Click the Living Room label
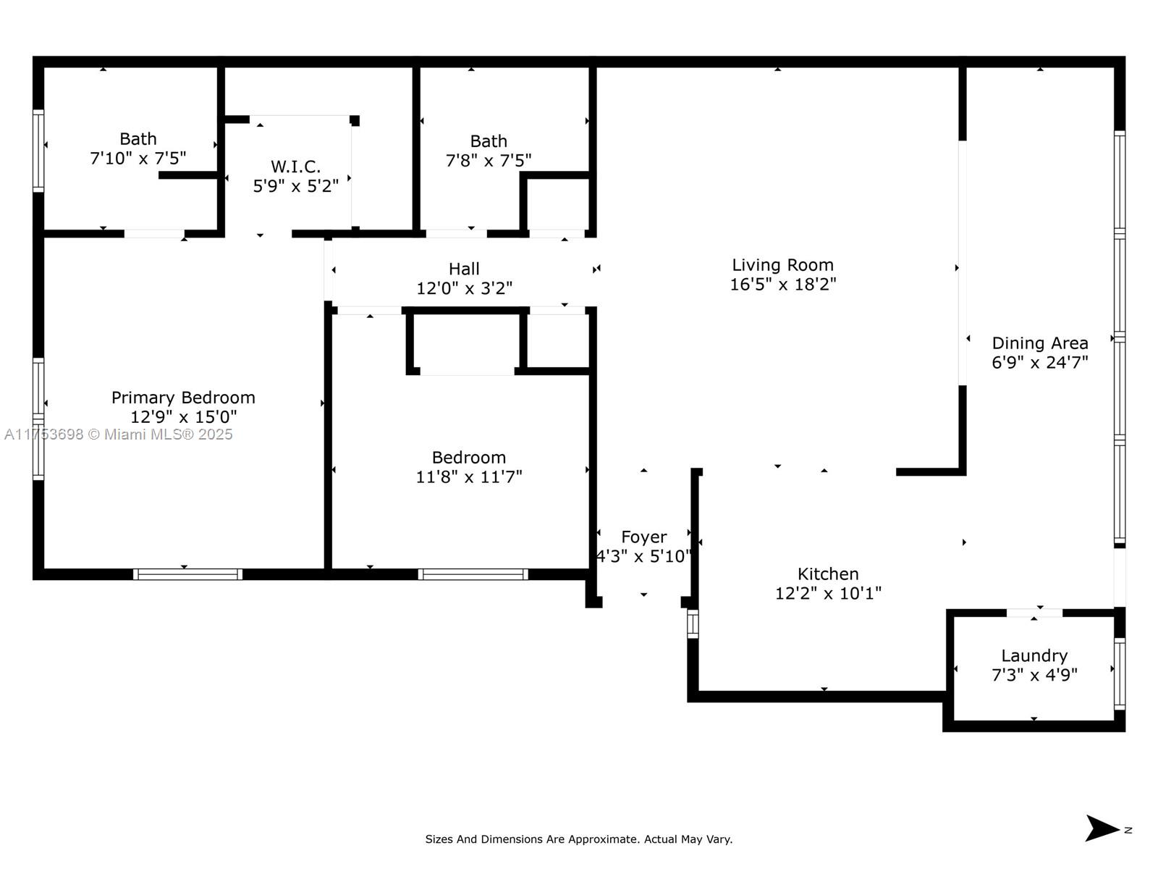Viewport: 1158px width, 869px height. (x=782, y=265)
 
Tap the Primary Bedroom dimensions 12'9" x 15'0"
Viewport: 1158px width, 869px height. (x=183, y=417)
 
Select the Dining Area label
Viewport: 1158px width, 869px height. (x=1039, y=343)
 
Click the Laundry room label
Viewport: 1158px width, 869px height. (x=1034, y=655)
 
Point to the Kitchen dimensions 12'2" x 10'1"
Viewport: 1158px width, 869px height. (x=828, y=593)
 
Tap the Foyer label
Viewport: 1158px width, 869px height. (x=643, y=537)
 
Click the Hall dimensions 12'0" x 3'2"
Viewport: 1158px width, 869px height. (x=464, y=288)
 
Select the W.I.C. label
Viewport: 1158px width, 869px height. (x=295, y=167)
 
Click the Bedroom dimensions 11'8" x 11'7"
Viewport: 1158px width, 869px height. (x=468, y=477)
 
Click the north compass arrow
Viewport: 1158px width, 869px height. (x=1102, y=828)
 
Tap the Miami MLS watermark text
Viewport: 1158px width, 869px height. (x=118, y=434)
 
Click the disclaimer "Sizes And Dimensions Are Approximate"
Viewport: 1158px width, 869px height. (x=578, y=839)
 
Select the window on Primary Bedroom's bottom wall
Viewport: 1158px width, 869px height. (x=187, y=574)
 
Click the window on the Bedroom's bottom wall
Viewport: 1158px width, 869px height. (x=473, y=574)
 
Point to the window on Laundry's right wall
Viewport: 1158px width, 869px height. (x=1119, y=674)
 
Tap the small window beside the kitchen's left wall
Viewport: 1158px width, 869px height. (x=693, y=624)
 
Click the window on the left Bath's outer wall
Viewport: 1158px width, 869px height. (x=38, y=151)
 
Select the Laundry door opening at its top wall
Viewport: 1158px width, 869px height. (x=1034, y=613)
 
